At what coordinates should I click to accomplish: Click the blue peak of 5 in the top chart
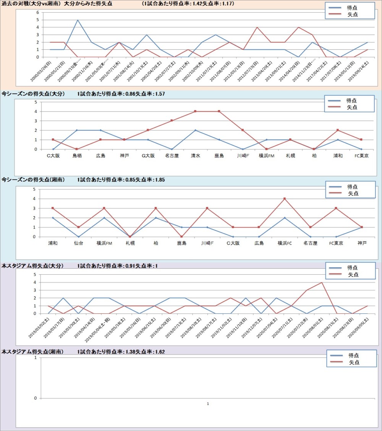click(x=78, y=20)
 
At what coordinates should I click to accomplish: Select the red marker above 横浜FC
click(x=285, y=199)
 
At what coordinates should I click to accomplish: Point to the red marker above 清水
click(x=195, y=111)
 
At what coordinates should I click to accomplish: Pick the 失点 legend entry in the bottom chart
click(x=354, y=362)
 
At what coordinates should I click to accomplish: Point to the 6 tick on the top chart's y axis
click(x=38, y=12)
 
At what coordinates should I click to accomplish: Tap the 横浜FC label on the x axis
click(x=285, y=243)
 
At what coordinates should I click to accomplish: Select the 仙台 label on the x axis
click(x=79, y=243)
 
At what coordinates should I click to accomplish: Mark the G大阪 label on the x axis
click(x=148, y=156)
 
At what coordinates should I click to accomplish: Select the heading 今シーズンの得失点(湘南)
click(x=33, y=180)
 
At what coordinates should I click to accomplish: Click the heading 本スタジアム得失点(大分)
click(x=32, y=266)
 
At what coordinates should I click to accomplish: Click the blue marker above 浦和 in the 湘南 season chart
click(x=53, y=218)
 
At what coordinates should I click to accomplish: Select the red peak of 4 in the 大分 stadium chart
click(x=322, y=282)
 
